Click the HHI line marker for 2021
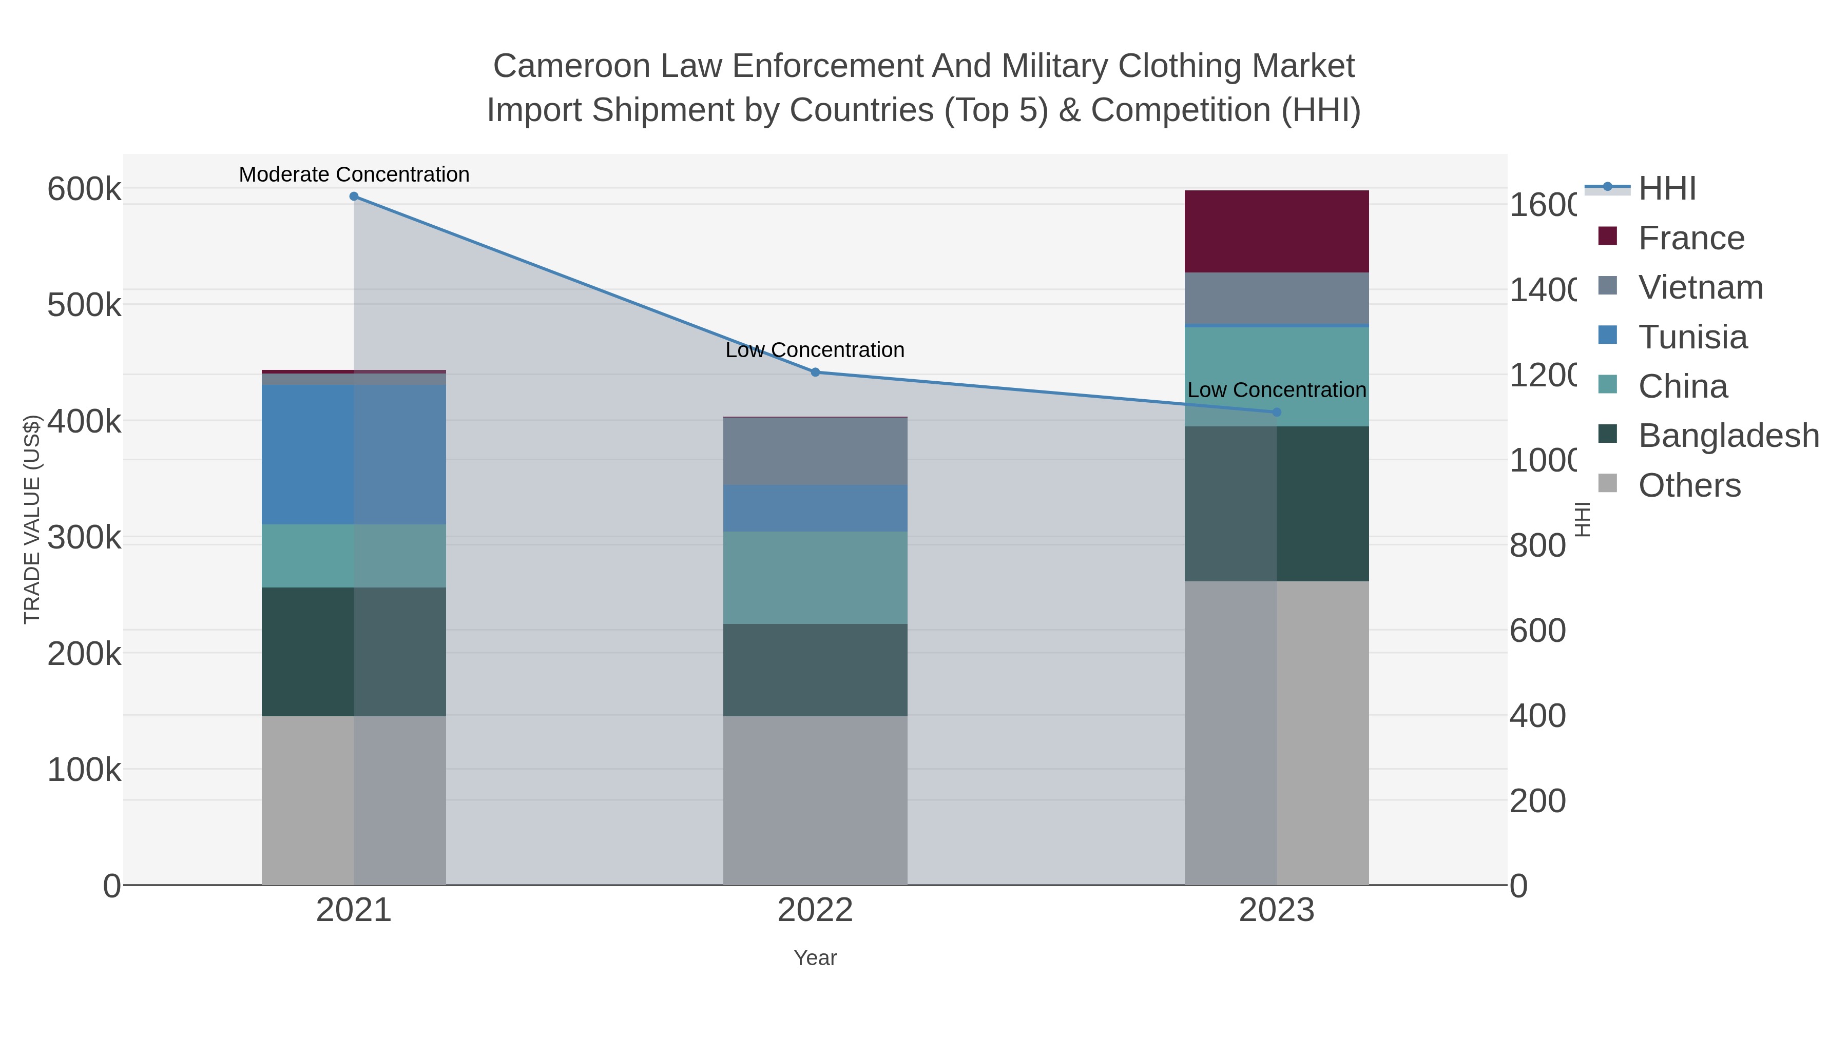coord(354,197)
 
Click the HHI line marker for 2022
coord(815,372)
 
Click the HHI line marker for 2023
coord(1276,413)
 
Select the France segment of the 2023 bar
coord(1276,231)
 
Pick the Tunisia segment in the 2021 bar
coord(354,455)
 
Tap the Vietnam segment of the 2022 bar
coord(815,451)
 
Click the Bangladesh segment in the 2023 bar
coord(1276,503)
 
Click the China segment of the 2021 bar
coord(354,556)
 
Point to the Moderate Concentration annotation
coord(354,174)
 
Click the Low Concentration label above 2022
coord(815,350)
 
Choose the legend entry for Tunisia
coord(1692,337)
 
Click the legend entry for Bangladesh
coord(1728,436)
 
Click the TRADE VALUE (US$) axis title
coord(32,519)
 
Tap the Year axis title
coord(815,958)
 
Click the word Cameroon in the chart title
coord(572,66)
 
